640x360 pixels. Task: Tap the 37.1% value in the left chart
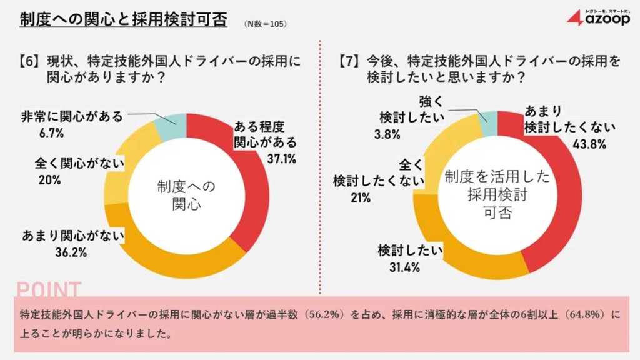pos(281,159)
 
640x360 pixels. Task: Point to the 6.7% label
pos(51,133)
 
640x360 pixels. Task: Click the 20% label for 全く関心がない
pos(49,180)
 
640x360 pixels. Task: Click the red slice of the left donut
pos(250,181)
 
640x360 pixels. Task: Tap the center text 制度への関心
pos(186,194)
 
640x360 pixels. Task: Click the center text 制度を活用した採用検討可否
pos(497,195)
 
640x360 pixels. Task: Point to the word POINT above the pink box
pos(49,289)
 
